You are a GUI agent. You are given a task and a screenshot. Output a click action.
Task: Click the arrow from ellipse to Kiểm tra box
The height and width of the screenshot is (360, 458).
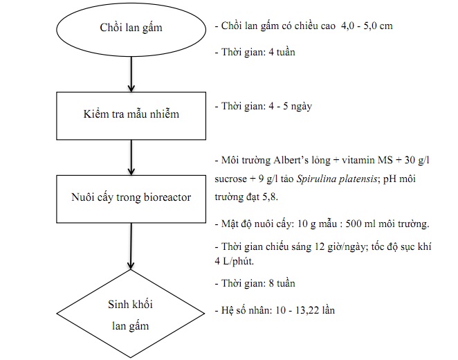[x=131, y=74]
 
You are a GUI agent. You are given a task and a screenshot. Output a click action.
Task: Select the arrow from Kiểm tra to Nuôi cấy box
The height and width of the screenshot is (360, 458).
[x=131, y=158]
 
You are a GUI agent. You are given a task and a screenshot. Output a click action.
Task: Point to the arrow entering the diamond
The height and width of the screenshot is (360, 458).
[x=131, y=246]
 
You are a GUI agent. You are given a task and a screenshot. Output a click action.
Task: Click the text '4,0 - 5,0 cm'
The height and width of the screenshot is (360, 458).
[x=367, y=26]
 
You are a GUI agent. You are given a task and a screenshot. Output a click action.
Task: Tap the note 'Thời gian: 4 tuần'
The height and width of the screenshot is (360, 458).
[x=255, y=52]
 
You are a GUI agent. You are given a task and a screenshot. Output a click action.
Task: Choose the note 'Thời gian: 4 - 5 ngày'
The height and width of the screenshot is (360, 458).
[x=264, y=106]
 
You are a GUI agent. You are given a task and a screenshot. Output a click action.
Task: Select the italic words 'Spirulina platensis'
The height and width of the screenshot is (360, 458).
[x=337, y=179]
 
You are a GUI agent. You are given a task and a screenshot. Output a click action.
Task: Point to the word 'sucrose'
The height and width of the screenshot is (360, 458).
[x=231, y=179]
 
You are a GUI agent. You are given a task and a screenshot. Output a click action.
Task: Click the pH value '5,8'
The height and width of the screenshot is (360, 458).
[x=270, y=197]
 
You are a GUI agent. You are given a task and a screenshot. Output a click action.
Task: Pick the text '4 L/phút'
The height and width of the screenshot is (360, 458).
[x=235, y=261]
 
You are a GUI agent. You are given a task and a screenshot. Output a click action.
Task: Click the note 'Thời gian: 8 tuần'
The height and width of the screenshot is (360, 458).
[x=255, y=283]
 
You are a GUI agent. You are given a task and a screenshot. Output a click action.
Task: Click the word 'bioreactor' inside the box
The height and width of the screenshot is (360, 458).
[x=167, y=197]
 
